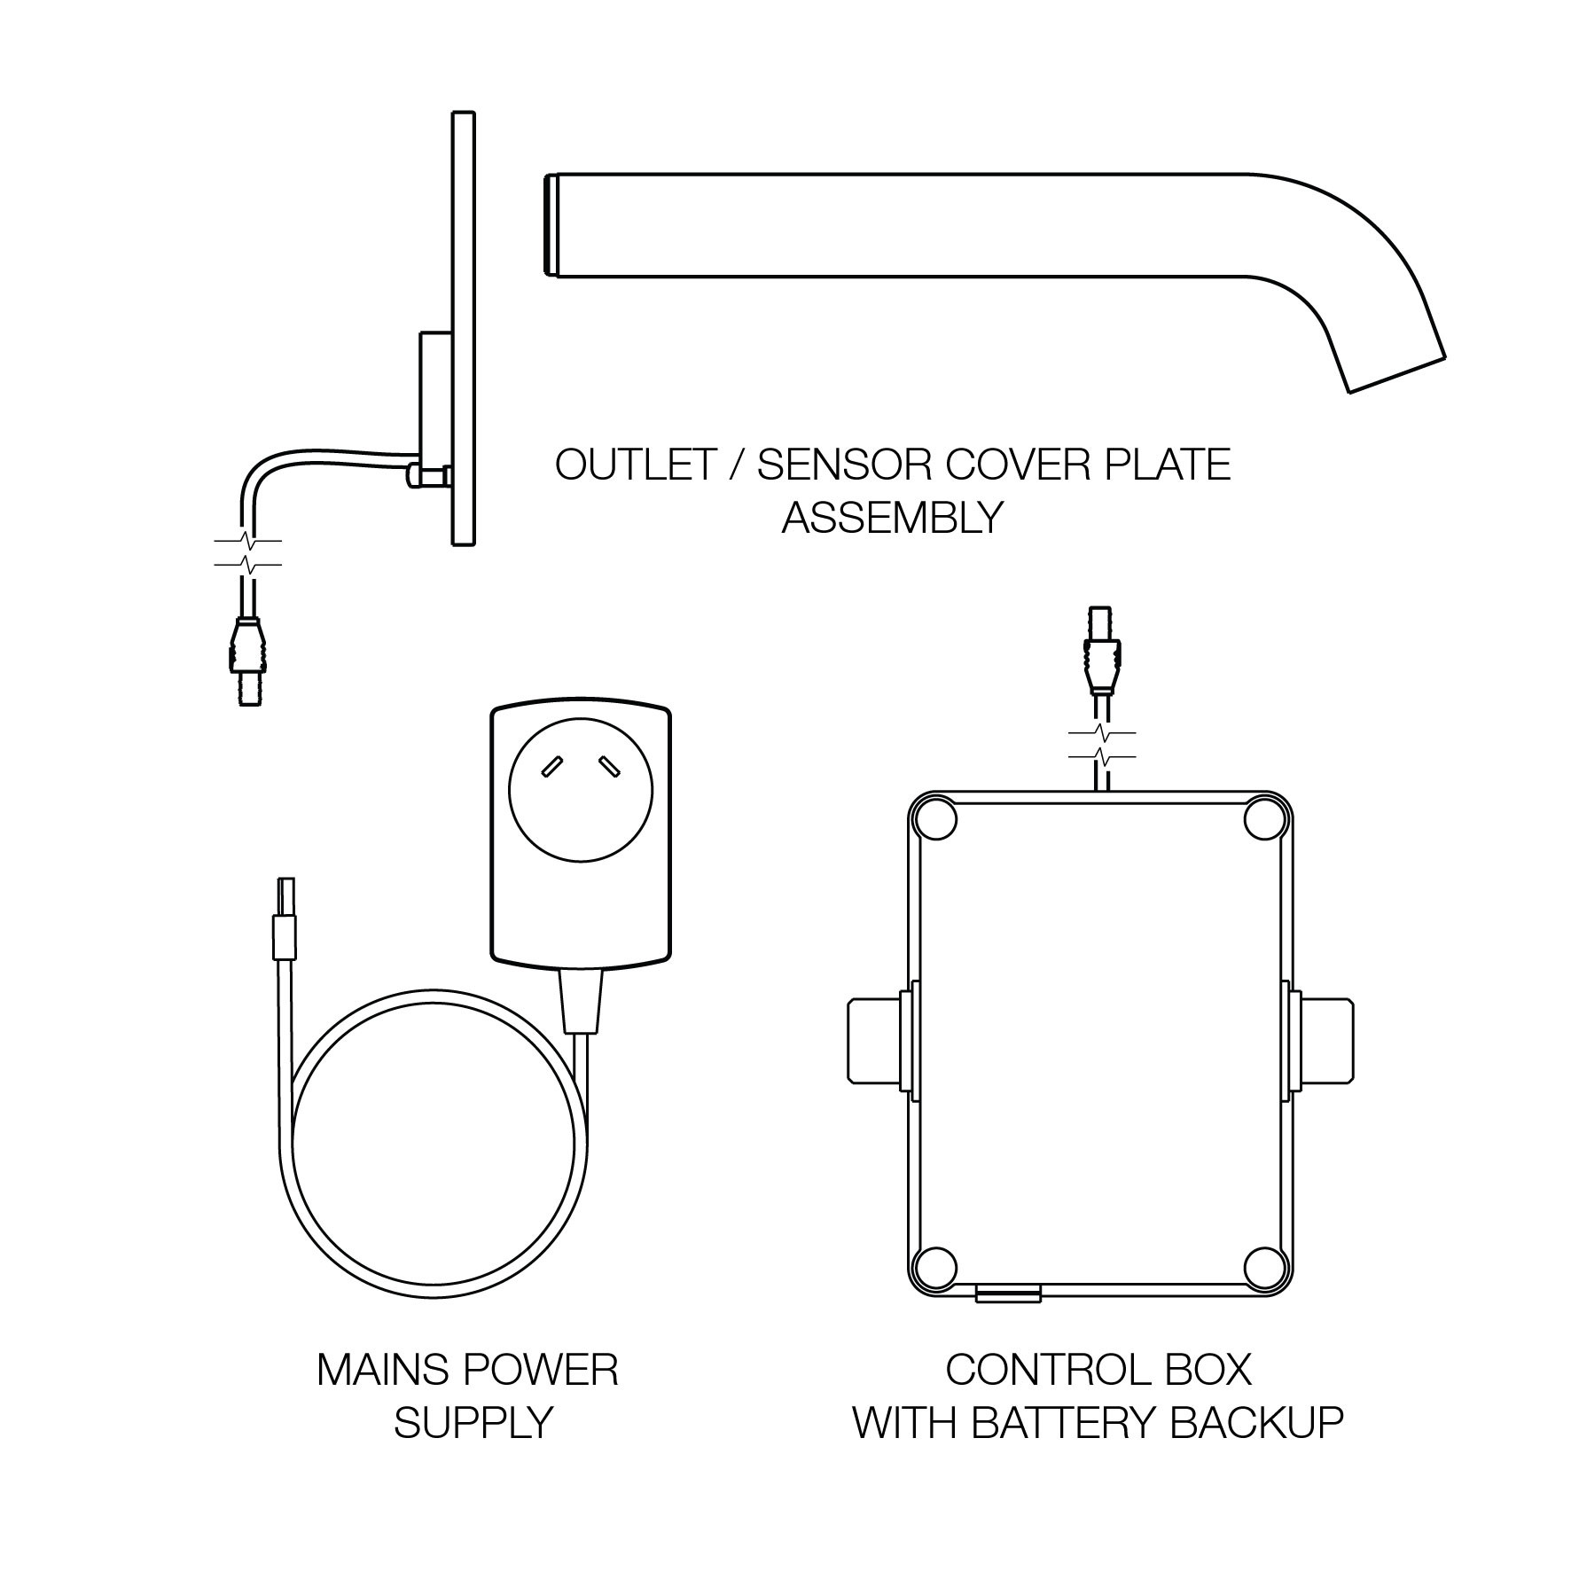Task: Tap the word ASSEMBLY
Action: click(892, 517)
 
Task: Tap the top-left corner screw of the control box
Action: click(935, 819)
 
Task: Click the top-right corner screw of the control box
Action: click(1265, 819)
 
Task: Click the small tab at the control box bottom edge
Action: click(1008, 1295)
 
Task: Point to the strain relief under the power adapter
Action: click(581, 999)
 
